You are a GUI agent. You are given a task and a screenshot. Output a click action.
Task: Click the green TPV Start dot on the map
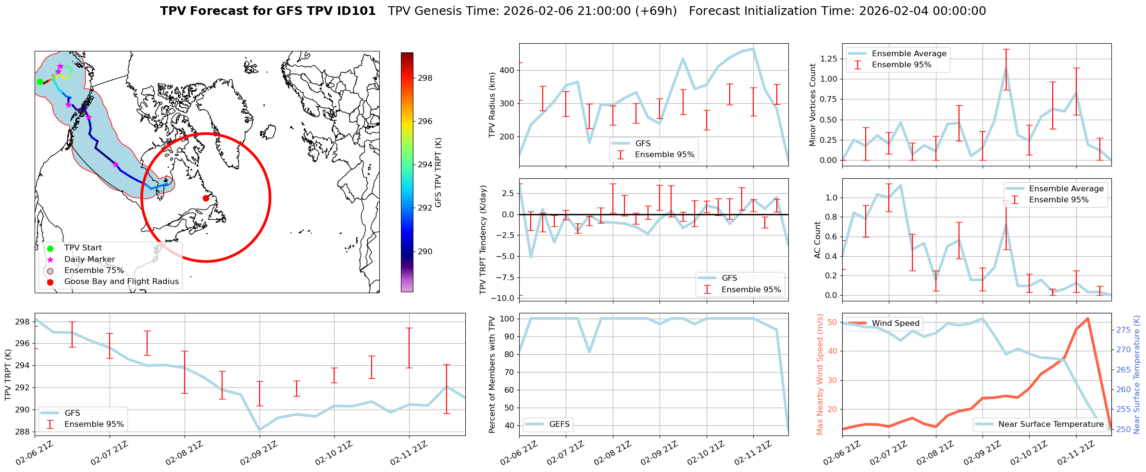tap(40, 82)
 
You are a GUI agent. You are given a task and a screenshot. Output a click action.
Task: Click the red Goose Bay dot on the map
tap(206, 198)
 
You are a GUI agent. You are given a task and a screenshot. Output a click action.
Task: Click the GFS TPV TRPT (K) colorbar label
tap(438, 172)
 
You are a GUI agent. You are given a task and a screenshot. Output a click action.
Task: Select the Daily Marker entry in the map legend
tap(89, 259)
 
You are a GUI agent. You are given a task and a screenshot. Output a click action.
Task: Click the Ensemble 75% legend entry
tap(94, 270)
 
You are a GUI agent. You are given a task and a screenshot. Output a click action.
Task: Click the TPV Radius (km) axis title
tap(492, 105)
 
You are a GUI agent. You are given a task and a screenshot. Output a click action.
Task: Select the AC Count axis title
tap(818, 239)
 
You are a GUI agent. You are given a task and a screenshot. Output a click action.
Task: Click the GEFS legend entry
tap(559, 424)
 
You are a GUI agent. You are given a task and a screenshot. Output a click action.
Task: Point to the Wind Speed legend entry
tap(896, 323)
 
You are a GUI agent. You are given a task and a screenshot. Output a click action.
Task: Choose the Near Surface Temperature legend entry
tap(1051, 424)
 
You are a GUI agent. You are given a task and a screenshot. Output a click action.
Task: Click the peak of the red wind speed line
tap(1088, 318)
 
